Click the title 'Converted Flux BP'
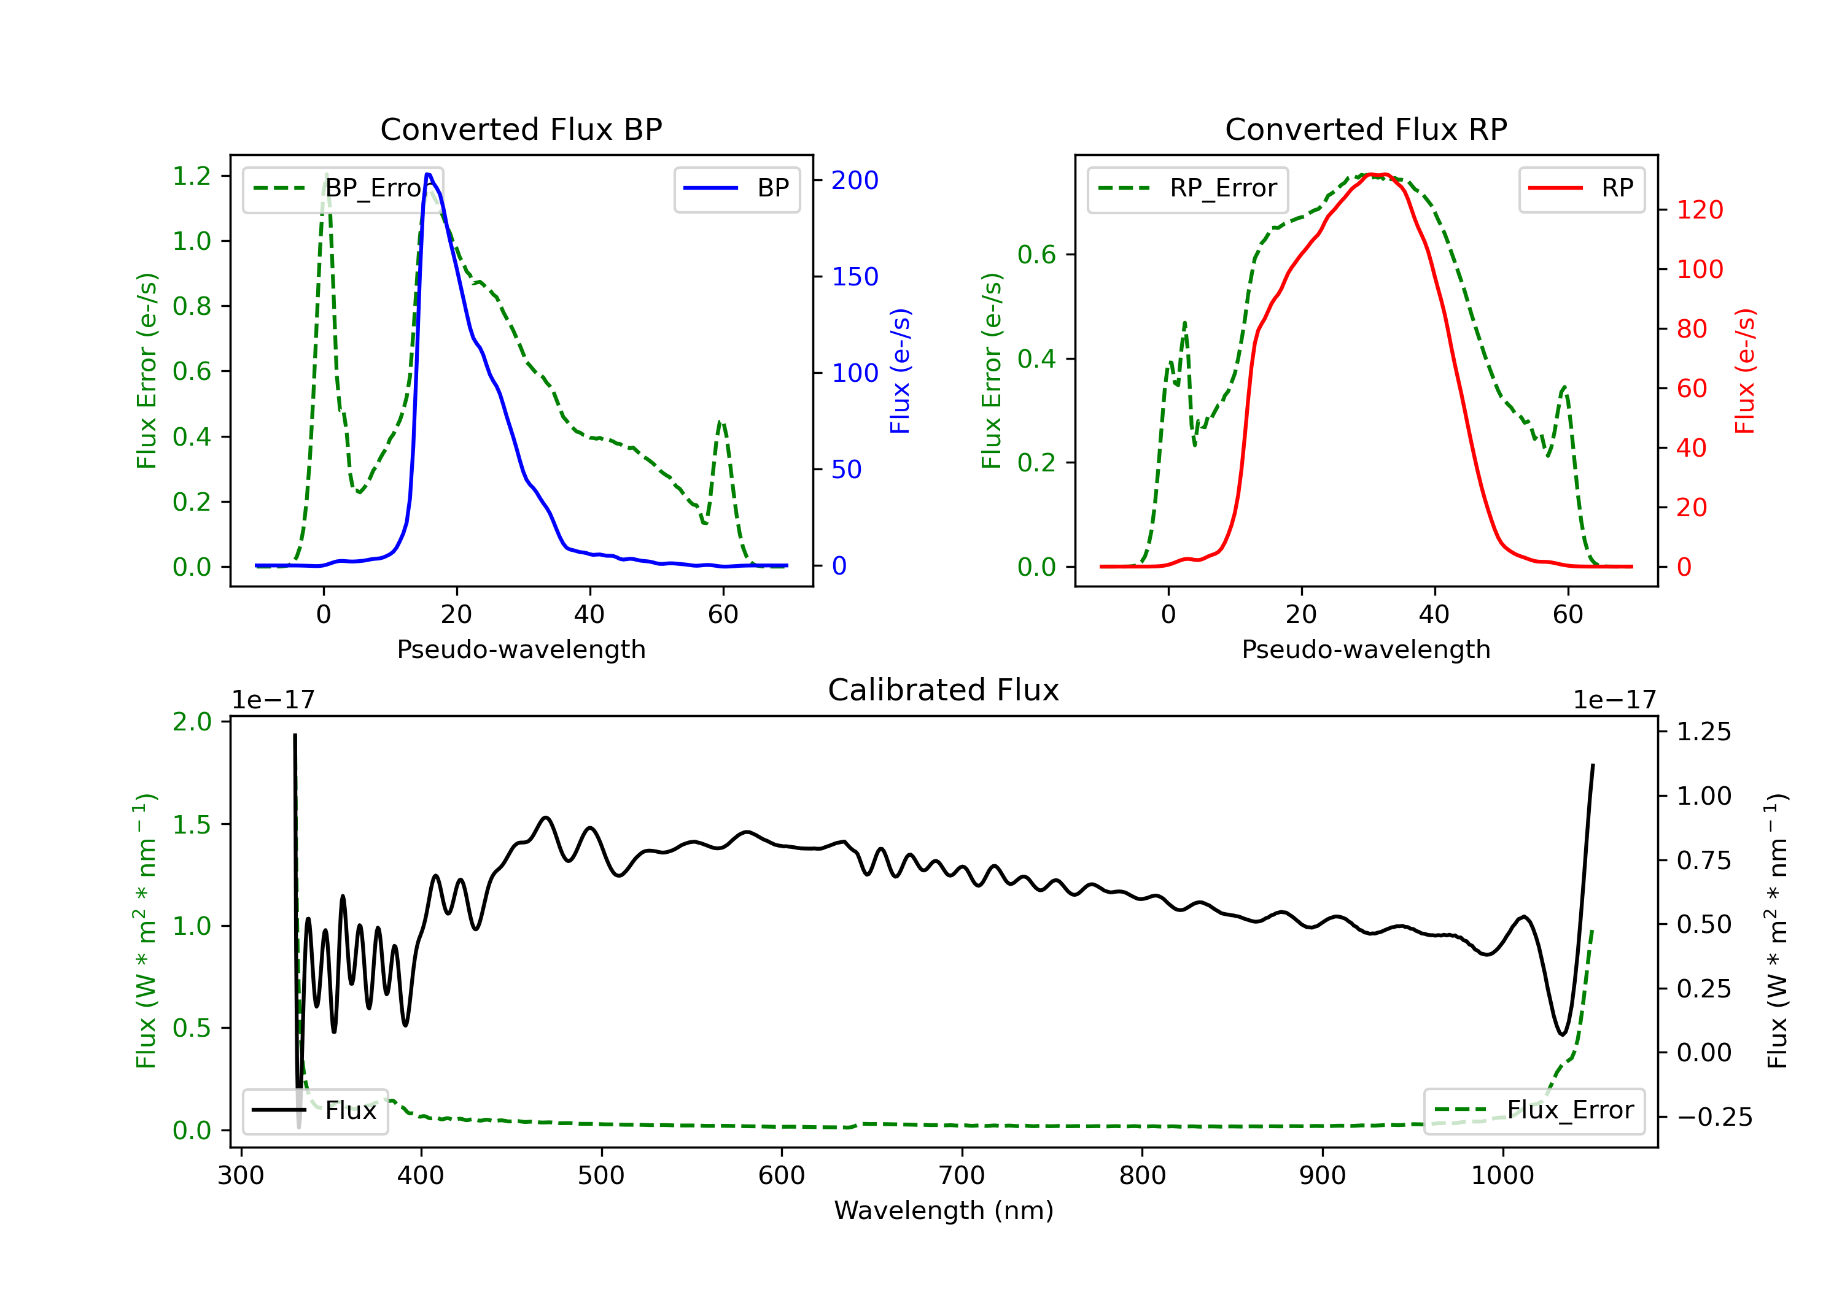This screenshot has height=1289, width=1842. coord(521,129)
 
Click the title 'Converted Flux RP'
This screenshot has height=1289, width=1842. coord(1366,129)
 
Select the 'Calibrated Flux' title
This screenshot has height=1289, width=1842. coord(944,690)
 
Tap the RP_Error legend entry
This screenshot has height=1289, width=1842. coord(1187,188)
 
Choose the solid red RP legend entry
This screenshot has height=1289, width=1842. coord(1580,188)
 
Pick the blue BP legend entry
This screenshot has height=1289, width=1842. coord(736,188)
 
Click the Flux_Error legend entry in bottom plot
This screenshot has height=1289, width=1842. coord(1533,1110)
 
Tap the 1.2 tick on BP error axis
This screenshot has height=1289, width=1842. coord(192,176)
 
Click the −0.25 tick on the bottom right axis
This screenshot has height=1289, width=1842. coord(1714,1117)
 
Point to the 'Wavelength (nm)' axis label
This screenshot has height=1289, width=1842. coord(944,1210)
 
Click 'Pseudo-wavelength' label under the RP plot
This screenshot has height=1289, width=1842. coord(1366,649)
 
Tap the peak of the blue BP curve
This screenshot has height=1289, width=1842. coord(429,174)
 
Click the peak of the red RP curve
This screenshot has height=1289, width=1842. coord(1374,174)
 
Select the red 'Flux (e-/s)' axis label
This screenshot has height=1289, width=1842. coord(1745,371)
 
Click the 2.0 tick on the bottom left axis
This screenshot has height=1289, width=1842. coord(192,722)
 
